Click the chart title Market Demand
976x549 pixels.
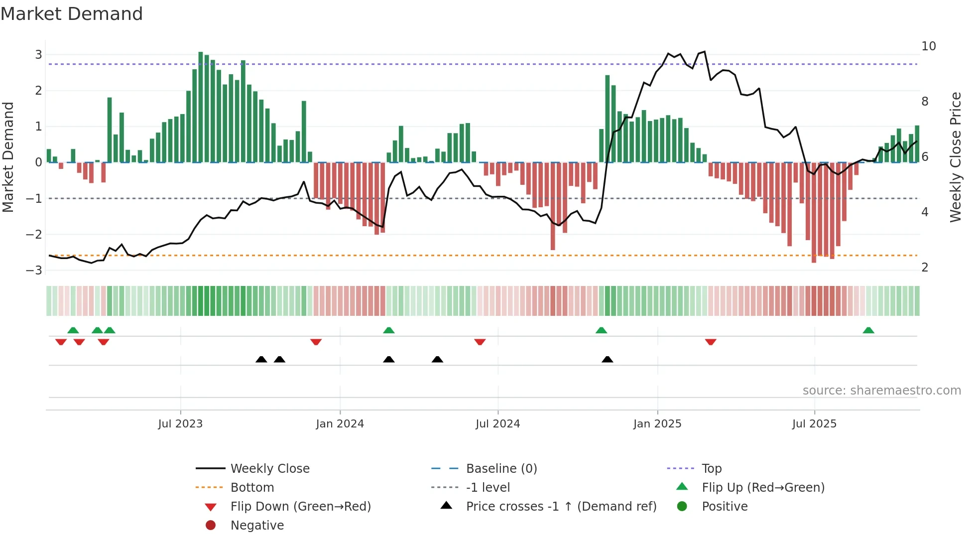click(x=72, y=14)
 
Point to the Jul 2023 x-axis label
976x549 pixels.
click(x=180, y=424)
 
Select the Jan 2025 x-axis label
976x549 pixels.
click(x=657, y=424)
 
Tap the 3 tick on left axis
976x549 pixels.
click(x=38, y=55)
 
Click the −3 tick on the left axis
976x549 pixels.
click(x=34, y=271)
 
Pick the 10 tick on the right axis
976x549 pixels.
click(x=929, y=46)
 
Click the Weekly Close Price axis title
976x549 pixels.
click(x=955, y=157)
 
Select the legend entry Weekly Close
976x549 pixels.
click(x=270, y=469)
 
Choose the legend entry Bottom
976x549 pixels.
click(x=252, y=488)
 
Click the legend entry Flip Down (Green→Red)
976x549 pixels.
click(x=300, y=507)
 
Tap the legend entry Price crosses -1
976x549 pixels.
click(x=561, y=507)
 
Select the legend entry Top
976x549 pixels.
click(x=712, y=469)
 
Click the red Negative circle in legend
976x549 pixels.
click(x=211, y=526)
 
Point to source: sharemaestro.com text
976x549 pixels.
click(x=881, y=391)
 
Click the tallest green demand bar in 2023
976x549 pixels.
click(x=201, y=107)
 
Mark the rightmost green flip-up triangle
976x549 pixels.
click(x=868, y=330)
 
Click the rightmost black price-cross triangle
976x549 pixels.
click(x=607, y=359)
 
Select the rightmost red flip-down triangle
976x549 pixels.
click(x=711, y=342)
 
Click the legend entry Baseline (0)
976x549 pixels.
click(x=501, y=469)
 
